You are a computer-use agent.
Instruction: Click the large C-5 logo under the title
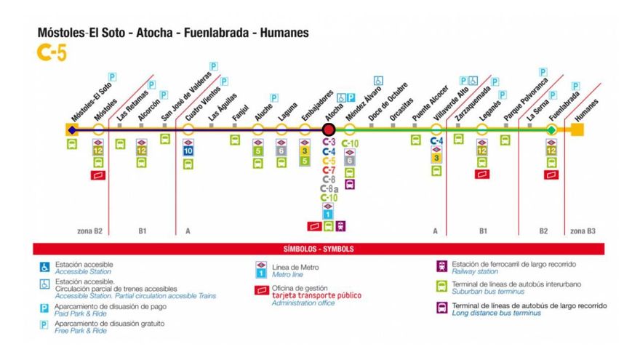tap(52, 52)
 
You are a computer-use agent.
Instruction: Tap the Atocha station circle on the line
tap(329, 129)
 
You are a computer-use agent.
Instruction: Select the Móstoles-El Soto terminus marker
tap(71, 129)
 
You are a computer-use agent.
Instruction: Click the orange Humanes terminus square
tap(577, 129)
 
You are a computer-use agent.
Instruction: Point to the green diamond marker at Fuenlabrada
tap(551, 129)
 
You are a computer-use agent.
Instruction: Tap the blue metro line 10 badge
tap(188, 151)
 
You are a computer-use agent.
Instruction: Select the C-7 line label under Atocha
tap(329, 170)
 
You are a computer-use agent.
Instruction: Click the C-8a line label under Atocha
tap(329, 188)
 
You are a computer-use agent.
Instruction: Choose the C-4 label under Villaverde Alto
tap(436, 141)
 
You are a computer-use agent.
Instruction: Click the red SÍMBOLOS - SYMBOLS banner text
tap(319, 249)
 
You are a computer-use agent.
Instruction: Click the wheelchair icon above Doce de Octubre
tap(378, 80)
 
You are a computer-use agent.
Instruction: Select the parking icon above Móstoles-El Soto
tap(112, 76)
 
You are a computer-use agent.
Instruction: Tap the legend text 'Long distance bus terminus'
tap(496, 313)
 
